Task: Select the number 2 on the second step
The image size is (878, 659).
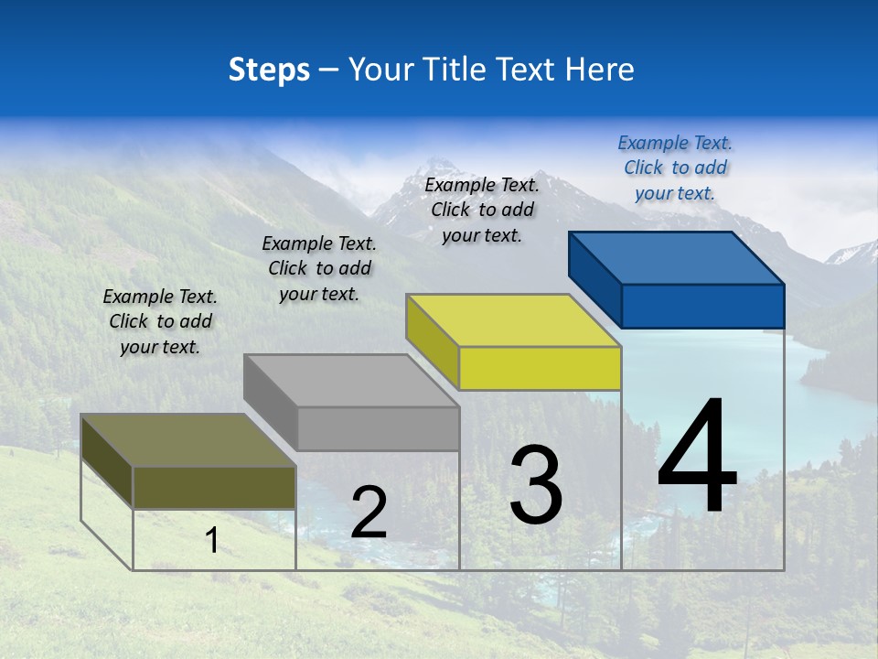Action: coord(369,513)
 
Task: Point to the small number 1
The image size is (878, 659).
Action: coord(212,540)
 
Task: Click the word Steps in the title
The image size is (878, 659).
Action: coord(269,70)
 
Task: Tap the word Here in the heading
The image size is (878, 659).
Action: coord(601,70)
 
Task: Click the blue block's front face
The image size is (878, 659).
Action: coord(702,306)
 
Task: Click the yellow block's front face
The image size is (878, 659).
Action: coord(540,369)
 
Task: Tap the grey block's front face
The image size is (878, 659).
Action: coord(378,429)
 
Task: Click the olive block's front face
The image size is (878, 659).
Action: coord(214,488)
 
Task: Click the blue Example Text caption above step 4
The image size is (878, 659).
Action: coord(675,167)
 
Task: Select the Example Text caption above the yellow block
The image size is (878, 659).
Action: coord(482,210)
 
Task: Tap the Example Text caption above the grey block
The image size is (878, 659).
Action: coord(319,268)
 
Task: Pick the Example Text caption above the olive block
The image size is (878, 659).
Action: coord(160,321)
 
